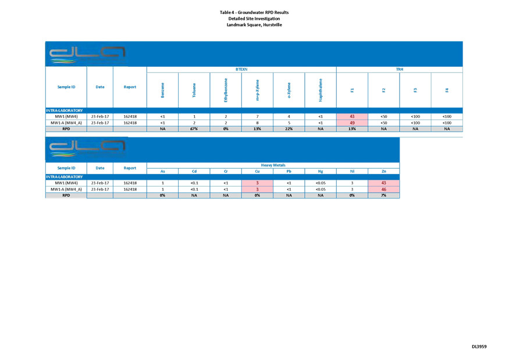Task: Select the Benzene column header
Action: click(163, 90)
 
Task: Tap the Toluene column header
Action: click(194, 90)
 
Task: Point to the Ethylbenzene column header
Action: click(226, 90)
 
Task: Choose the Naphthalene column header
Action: click(321, 90)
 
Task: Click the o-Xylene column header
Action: click(289, 90)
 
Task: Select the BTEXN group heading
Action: click(241, 70)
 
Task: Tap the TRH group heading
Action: click(399, 70)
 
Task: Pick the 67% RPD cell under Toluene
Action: click(194, 130)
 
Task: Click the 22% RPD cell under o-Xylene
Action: click(289, 130)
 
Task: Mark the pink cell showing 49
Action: click(352, 123)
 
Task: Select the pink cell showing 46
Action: click(383, 190)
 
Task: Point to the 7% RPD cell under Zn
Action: click(383, 196)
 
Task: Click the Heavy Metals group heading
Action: click(273, 166)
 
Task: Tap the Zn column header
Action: click(383, 171)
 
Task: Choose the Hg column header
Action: click(321, 171)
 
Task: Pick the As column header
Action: click(163, 171)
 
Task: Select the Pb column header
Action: click(289, 171)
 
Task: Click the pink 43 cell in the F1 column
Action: click(352, 117)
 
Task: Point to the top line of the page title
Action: click(254, 12)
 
